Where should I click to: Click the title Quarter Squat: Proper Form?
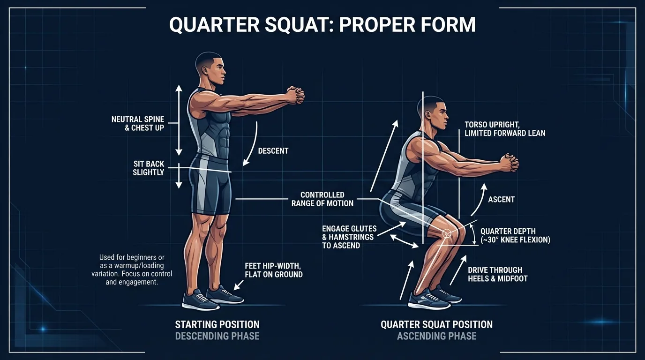point(322,24)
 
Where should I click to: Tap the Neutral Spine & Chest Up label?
point(138,123)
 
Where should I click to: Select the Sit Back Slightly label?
point(149,168)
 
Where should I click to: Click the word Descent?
point(273,151)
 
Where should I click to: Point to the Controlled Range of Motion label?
point(322,199)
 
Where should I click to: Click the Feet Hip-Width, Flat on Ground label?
point(274,270)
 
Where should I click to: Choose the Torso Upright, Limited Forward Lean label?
point(505,129)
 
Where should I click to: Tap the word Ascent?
point(501,200)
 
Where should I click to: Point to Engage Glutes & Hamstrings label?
point(349,237)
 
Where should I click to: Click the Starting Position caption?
point(217,324)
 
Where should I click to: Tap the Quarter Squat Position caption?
point(436,324)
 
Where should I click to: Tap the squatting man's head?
point(433,114)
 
